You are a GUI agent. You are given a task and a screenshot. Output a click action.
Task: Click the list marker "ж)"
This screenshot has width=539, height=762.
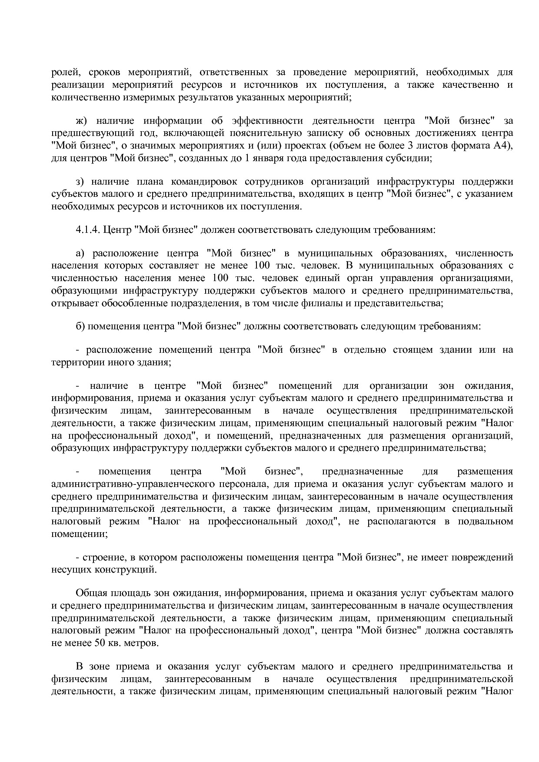pyautogui.click(x=82, y=120)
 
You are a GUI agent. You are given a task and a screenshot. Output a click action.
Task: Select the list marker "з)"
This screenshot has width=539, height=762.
pyautogui.click(x=80, y=181)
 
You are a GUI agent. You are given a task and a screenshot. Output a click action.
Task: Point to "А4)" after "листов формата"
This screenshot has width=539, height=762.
pyautogui.click(x=503, y=145)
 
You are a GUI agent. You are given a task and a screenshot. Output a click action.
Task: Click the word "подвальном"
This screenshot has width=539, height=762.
pyautogui.click(x=485, y=521)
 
